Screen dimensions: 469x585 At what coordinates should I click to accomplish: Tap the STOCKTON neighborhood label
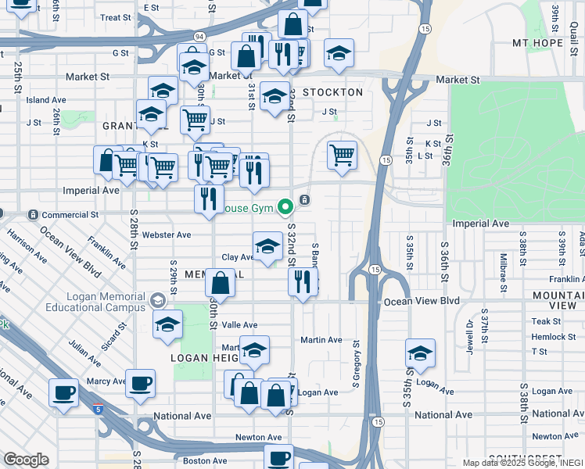click(332, 92)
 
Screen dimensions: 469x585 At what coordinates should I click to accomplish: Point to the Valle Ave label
click(240, 325)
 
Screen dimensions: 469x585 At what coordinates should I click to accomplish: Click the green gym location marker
click(285, 207)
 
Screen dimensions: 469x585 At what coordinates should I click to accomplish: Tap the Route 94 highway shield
click(200, 37)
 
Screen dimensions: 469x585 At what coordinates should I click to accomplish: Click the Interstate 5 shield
click(97, 408)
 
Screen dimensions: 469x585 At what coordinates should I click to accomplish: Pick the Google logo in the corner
click(26, 460)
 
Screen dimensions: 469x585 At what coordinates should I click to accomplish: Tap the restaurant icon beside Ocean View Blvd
click(303, 283)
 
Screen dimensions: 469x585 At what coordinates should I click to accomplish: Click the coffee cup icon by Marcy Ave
click(141, 384)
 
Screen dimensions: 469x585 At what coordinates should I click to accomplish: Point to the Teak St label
click(546, 321)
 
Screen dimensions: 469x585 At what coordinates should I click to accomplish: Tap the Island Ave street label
click(46, 100)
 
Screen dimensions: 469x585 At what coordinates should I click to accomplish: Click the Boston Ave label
click(205, 461)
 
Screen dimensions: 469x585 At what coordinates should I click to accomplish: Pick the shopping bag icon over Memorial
click(221, 285)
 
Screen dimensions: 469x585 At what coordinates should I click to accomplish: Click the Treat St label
click(115, 17)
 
